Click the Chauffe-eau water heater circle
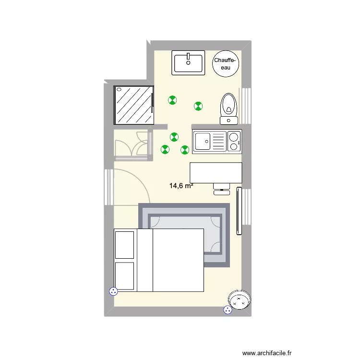[225, 63]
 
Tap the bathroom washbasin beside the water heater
[189, 62]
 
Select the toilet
[228, 105]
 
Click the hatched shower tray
[133, 105]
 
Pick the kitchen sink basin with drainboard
[204, 142]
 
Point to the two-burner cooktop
[234, 142]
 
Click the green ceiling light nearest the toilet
[198, 106]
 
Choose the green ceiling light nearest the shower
[172, 100]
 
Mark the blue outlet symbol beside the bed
[114, 291]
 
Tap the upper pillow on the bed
[124, 245]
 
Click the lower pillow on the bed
[124, 276]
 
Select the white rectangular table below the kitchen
[216, 172]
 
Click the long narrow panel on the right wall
[239, 211]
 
